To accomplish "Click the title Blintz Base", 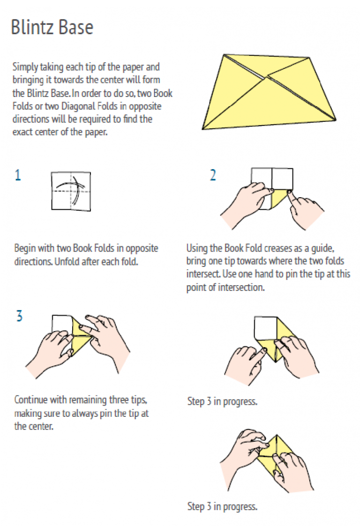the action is [52, 27].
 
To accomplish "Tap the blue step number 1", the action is [18, 175].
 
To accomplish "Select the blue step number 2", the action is [213, 175].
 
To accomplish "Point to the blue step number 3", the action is [20, 316].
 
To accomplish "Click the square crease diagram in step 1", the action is [71, 191].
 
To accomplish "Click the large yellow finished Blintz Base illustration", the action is [269, 92].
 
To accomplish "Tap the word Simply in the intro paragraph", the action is [25, 67].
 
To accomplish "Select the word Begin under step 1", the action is [25, 249].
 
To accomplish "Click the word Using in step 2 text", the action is [197, 249].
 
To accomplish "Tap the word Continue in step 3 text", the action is [31, 400].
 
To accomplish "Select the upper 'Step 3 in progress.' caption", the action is [222, 401].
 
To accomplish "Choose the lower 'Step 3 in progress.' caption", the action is [222, 506].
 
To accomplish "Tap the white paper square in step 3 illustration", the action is [62, 325].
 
